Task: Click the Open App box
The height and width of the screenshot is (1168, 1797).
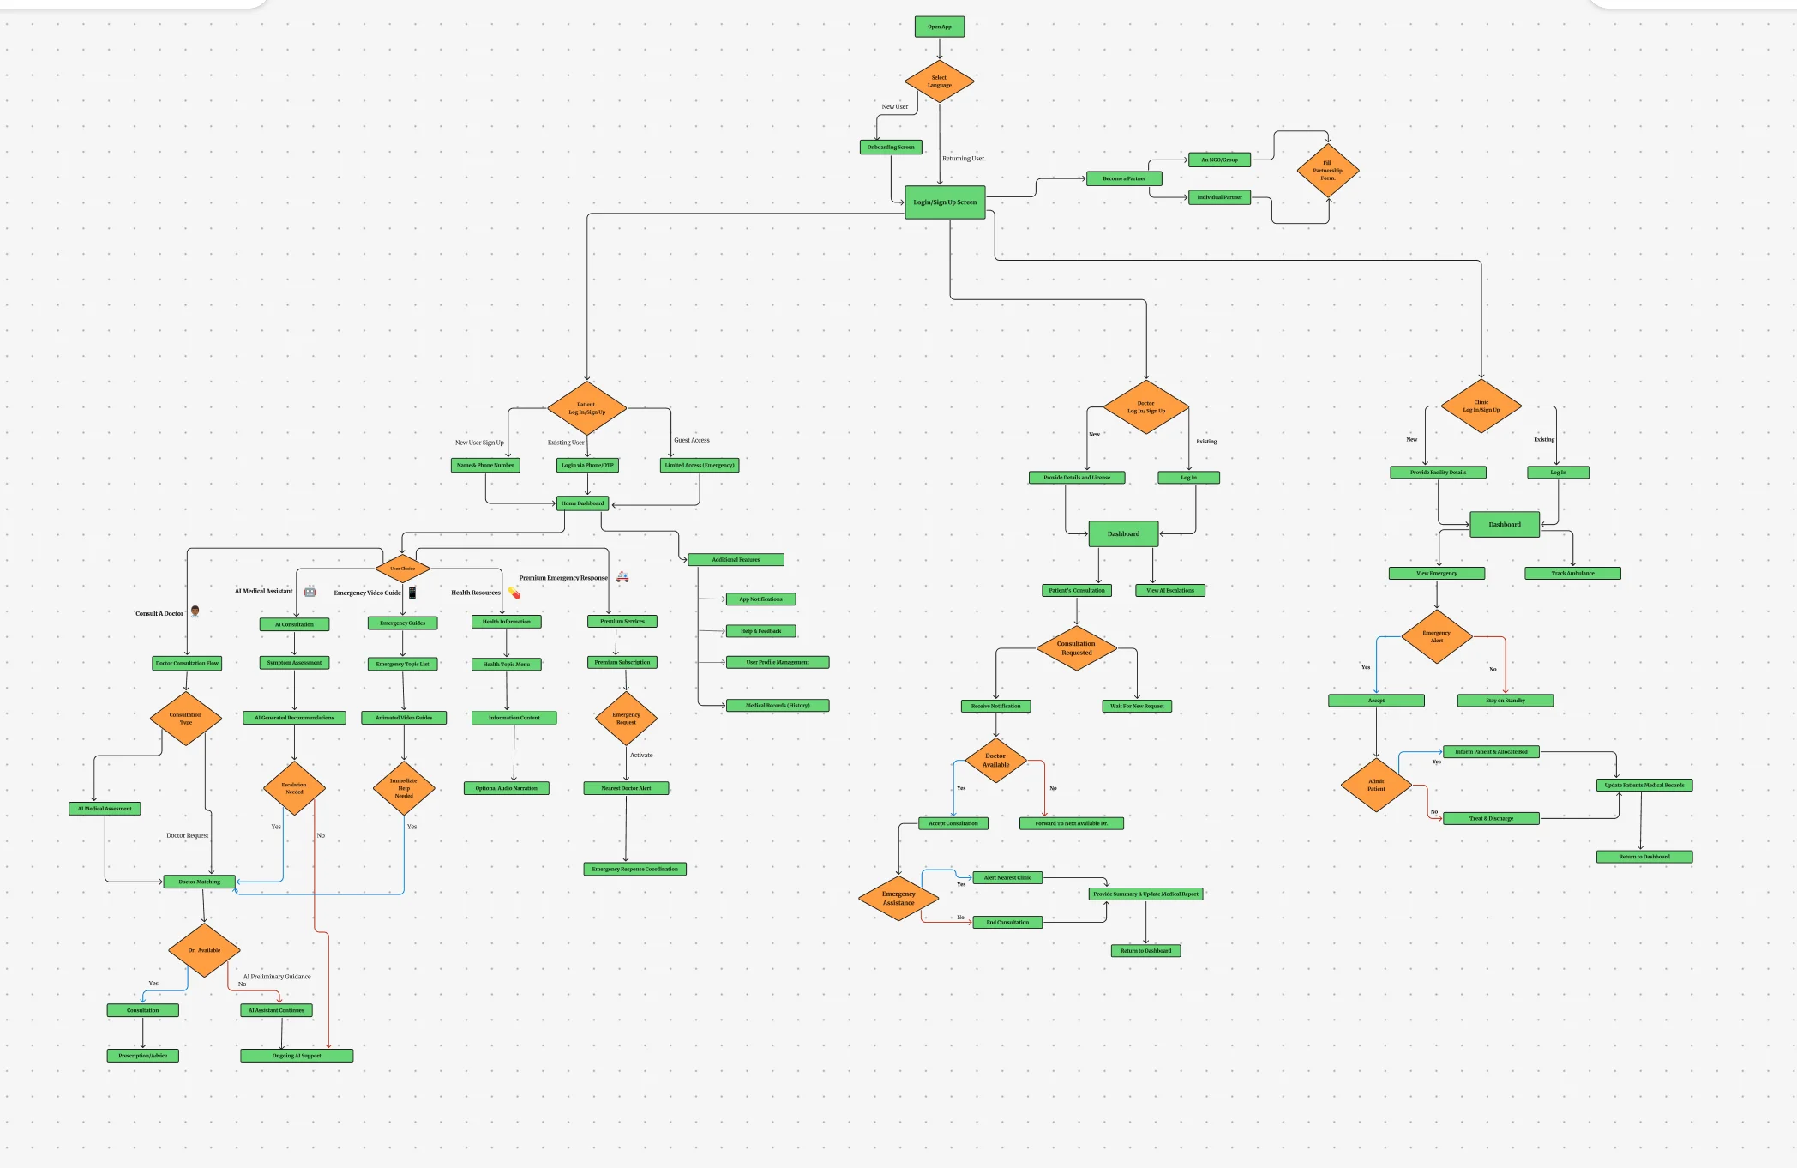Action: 939,27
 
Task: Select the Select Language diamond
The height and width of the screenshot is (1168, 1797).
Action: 939,81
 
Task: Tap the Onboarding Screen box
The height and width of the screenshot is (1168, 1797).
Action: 891,148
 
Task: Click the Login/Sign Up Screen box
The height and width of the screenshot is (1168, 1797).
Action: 945,202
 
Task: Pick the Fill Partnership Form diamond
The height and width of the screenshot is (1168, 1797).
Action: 1327,171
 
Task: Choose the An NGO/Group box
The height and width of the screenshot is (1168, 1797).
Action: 1219,160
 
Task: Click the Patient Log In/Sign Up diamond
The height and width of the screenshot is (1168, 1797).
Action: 586,408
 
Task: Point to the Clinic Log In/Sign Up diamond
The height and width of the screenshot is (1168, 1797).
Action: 1481,406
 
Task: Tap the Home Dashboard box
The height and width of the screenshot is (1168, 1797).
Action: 583,503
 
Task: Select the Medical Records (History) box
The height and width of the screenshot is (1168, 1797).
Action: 777,706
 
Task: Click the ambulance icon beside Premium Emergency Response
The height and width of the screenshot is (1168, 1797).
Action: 622,577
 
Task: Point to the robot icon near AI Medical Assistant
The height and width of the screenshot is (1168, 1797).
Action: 310,591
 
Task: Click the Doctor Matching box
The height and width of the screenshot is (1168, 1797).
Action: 199,882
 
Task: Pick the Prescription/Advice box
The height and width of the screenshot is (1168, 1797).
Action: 143,1056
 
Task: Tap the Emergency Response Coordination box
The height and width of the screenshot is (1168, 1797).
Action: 634,869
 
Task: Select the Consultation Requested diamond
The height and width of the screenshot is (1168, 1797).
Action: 1076,648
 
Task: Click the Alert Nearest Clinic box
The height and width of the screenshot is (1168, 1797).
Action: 1007,877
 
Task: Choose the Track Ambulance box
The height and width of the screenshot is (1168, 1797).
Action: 1572,573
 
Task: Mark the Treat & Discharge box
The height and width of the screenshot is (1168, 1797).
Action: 1491,818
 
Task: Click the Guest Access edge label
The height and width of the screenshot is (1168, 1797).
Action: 691,440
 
